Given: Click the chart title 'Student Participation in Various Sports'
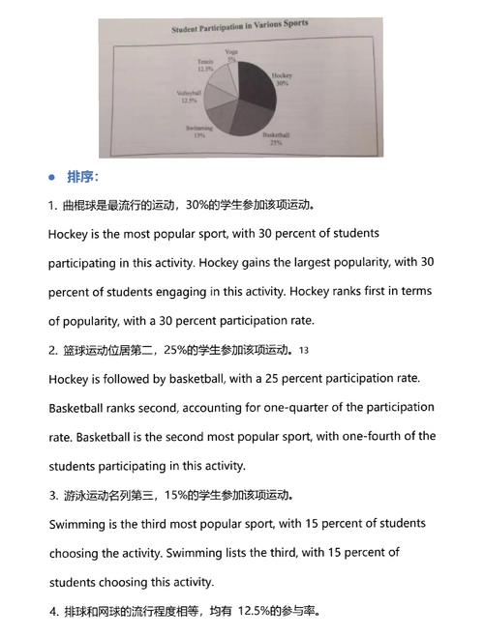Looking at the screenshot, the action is [x=240, y=26].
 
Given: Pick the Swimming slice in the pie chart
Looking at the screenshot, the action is [x=215, y=119].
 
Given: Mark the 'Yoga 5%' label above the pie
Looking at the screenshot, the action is [x=231, y=55].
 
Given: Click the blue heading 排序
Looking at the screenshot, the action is [x=82, y=177].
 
